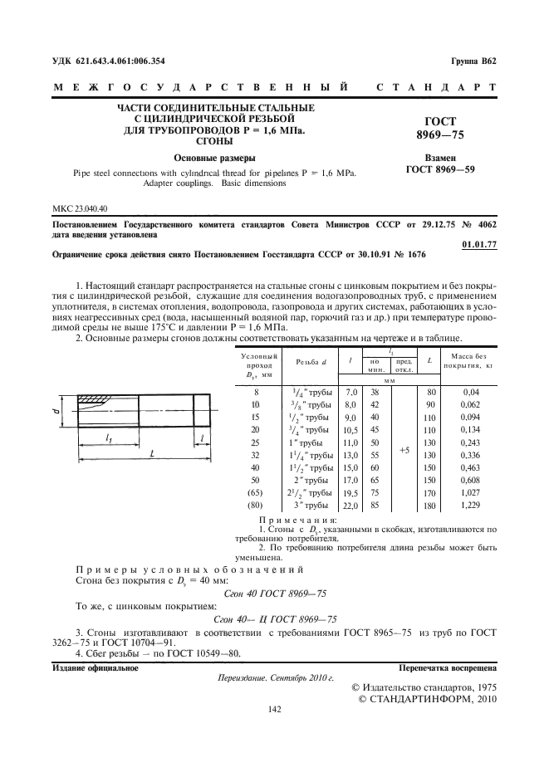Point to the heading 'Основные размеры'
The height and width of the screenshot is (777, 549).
(x=214, y=158)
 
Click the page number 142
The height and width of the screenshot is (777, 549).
(x=275, y=709)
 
